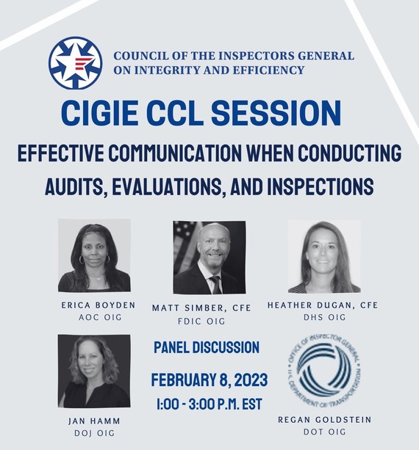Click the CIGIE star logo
pos(75,63)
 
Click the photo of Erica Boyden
pos(94,255)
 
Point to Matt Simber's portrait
pos(209,258)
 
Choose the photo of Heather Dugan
pos(324,256)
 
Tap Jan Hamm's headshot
pos(94,371)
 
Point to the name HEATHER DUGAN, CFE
pos(323,305)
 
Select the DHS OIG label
pos(323,317)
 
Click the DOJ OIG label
pos(93,433)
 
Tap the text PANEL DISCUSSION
pos(207,347)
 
